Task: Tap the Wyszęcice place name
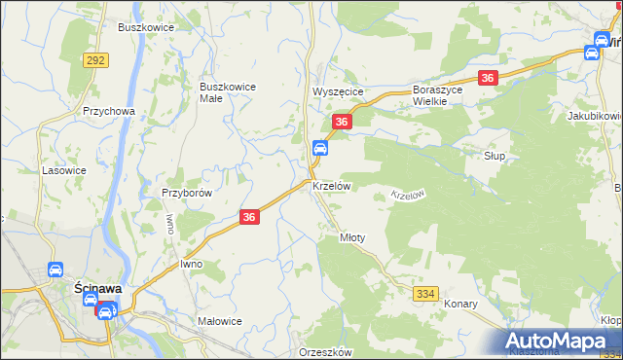click(x=338, y=91)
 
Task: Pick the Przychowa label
click(x=108, y=111)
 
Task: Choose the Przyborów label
click(x=187, y=193)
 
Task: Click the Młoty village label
click(x=351, y=237)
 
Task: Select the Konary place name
click(x=461, y=304)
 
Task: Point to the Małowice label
click(x=219, y=321)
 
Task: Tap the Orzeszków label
click(x=325, y=352)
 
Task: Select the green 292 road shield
click(x=95, y=60)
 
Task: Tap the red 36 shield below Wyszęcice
click(x=341, y=122)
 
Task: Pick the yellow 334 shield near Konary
click(x=426, y=293)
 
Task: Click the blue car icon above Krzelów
click(x=319, y=148)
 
